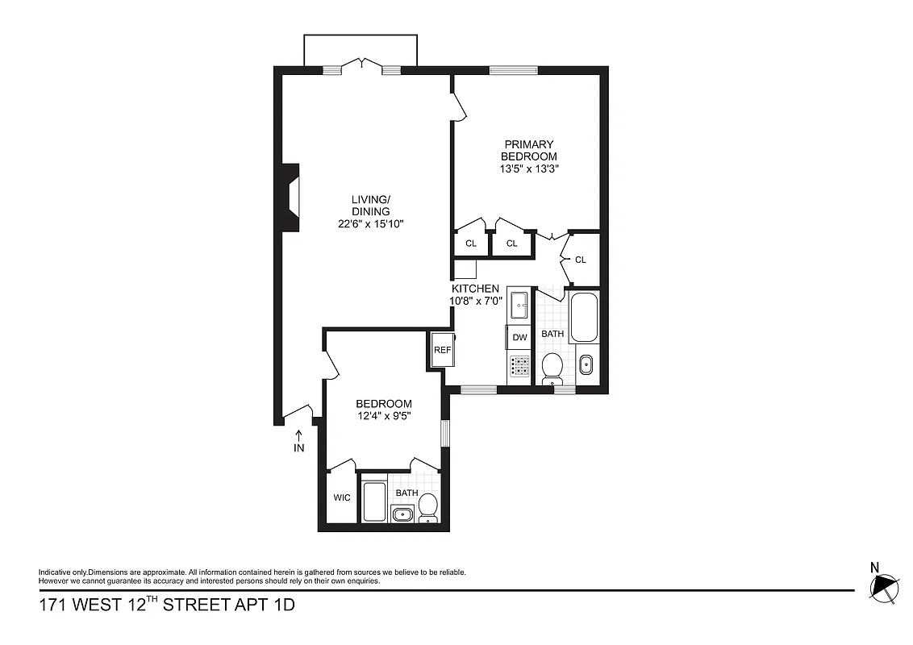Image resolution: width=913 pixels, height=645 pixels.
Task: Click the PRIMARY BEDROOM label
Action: tap(528, 150)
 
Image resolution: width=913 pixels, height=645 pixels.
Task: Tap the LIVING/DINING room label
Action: tap(370, 206)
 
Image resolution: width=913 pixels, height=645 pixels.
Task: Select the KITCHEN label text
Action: tap(475, 289)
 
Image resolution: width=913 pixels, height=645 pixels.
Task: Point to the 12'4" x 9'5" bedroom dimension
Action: tap(384, 416)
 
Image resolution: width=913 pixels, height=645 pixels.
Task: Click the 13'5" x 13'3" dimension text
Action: tap(528, 169)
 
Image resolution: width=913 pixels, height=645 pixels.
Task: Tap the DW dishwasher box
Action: tap(519, 337)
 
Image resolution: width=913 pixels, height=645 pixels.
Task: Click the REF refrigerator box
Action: tap(442, 350)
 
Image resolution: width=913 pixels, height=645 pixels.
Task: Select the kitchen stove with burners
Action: tap(520, 368)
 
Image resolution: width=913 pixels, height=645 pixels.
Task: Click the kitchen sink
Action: tap(519, 306)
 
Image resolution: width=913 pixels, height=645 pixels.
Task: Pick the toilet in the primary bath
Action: tap(552, 367)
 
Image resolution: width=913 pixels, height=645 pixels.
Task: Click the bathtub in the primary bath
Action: tap(584, 318)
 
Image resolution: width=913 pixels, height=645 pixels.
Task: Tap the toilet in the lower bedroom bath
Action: tap(427, 508)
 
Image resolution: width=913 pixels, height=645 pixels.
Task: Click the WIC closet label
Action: tap(342, 497)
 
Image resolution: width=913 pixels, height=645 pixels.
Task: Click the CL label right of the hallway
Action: tap(580, 260)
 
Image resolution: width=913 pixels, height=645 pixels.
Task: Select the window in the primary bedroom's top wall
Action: tap(509, 70)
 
